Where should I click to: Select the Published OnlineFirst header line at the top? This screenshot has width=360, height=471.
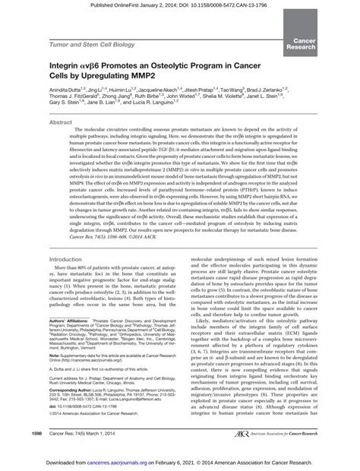pyautogui.click(x=179, y=5)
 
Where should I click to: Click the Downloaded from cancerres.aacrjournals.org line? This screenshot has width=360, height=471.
pyautogui.click(x=179, y=461)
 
